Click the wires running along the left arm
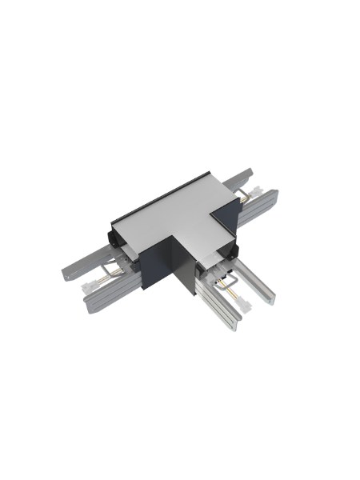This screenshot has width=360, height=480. pyautogui.click(x=112, y=276)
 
